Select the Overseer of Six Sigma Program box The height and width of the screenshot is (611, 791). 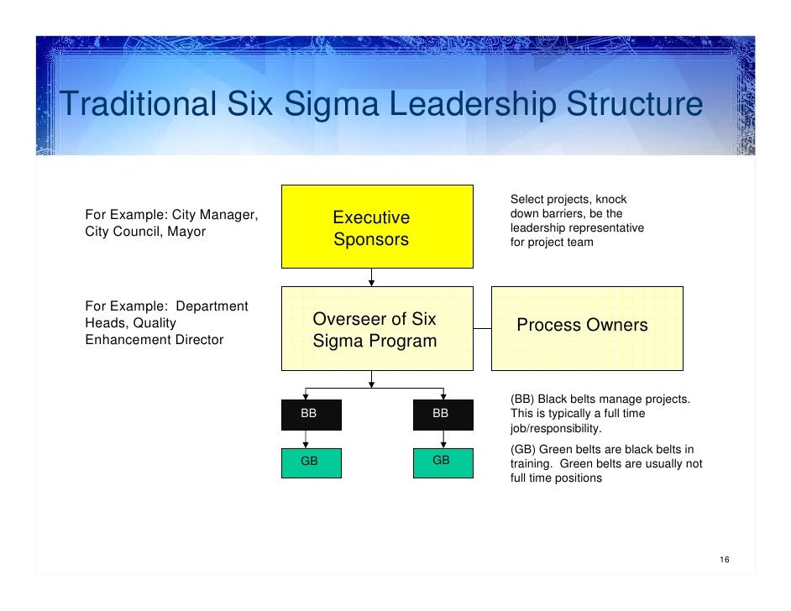[x=371, y=329]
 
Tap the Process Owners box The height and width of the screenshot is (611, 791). [x=586, y=326]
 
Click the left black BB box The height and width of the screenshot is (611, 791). [x=310, y=414]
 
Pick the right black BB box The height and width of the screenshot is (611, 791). [x=443, y=414]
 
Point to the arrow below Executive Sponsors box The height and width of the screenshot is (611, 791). [x=371, y=278]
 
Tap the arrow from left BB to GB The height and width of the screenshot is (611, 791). [x=305, y=439]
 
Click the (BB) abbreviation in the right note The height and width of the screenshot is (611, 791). [x=522, y=399]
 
